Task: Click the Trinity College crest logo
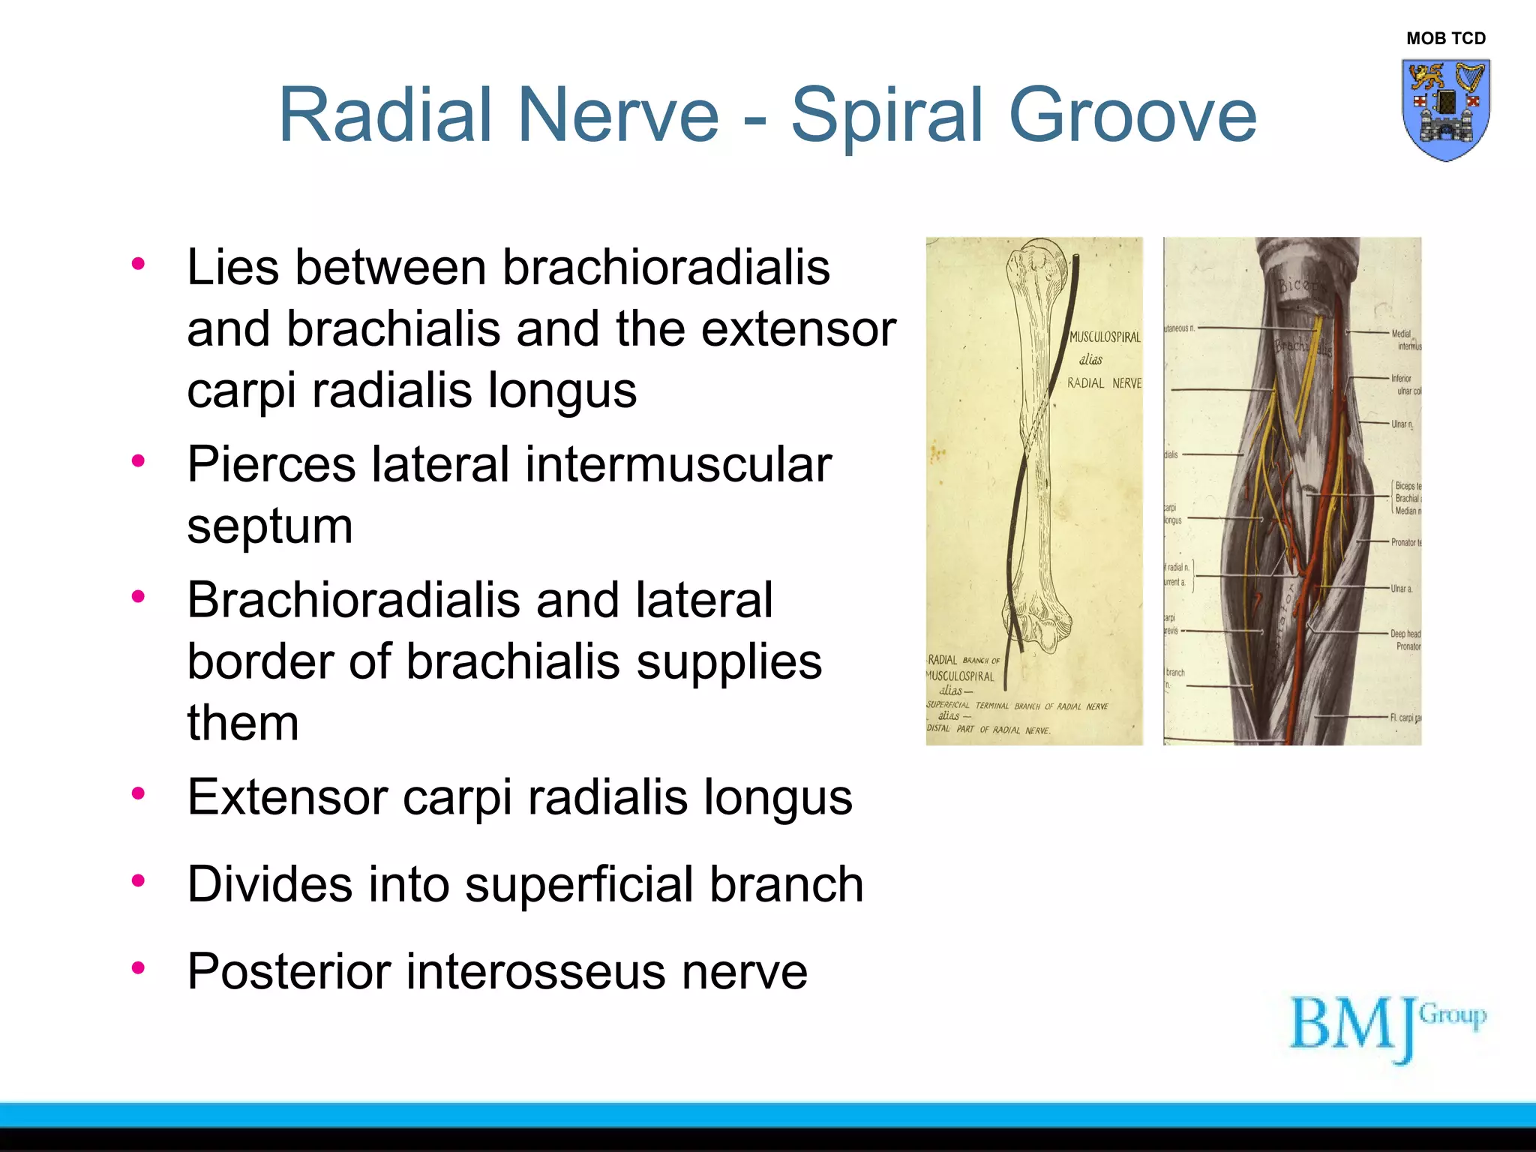1445,109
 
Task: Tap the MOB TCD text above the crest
1445,38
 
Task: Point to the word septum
269,526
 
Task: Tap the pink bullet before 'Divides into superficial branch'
138,880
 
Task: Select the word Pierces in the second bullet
270,464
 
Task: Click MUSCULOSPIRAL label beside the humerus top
1104,337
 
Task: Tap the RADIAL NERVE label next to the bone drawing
1104,383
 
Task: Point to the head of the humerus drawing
1039,259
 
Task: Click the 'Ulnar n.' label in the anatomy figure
1402,424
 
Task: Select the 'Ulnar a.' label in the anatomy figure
1401,589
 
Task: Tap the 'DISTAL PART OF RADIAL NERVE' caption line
988,729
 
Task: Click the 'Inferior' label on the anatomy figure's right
1401,379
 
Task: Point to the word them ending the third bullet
242,724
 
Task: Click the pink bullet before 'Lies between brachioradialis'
138,263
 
